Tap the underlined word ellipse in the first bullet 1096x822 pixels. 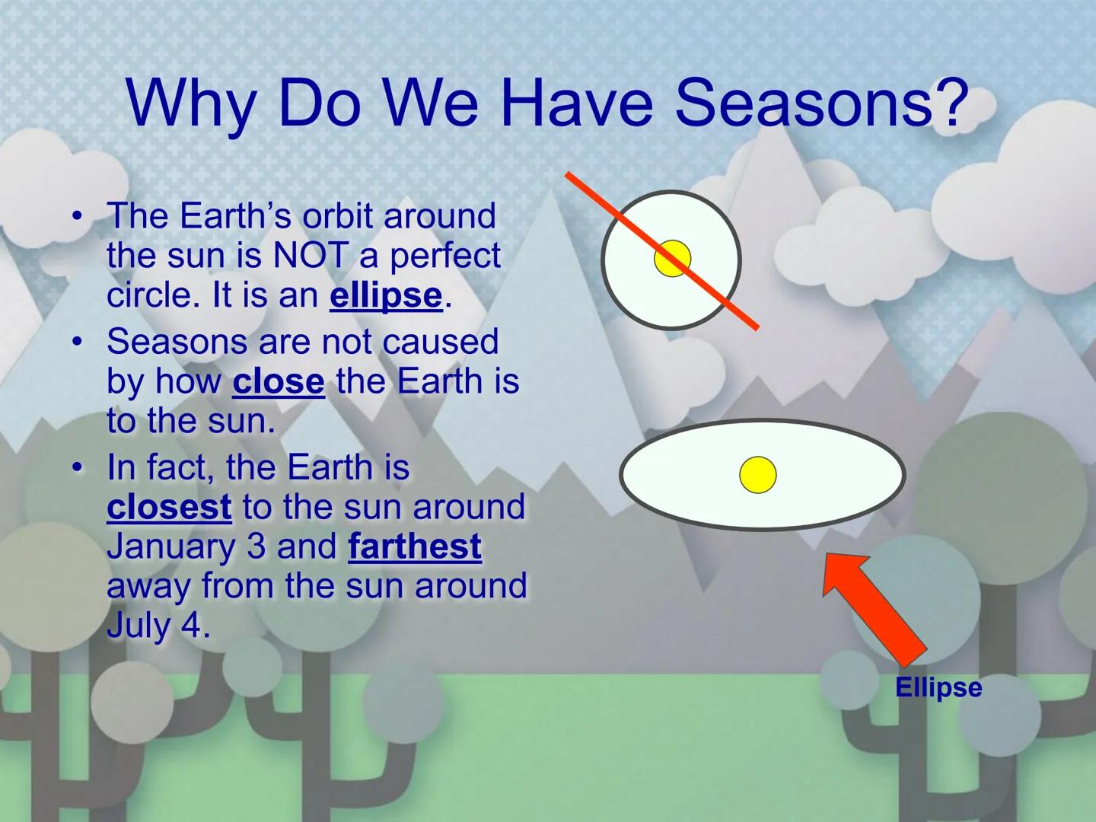point(386,295)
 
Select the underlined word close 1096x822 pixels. point(279,381)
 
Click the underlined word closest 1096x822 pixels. point(169,507)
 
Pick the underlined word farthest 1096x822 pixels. point(415,546)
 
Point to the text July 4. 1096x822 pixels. point(158,626)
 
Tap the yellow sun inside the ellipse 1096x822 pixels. point(758,475)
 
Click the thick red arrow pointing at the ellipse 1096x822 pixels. point(875,605)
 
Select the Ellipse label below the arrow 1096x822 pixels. point(938,688)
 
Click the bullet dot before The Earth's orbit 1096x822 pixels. point(76,216)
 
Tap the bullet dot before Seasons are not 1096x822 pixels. point(76,342)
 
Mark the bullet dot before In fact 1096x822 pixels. point(76,467)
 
